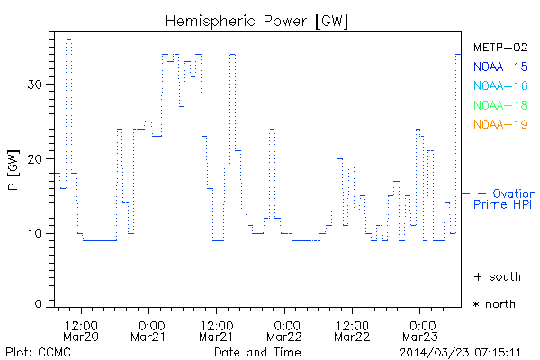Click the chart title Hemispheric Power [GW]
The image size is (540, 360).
tap(257, 21)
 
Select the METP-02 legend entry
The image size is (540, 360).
tap(499, 47)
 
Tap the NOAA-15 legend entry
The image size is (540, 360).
tap(499, 67)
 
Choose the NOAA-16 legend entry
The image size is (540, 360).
tap(499, 86)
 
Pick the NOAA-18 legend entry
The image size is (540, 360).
tap(499, 105)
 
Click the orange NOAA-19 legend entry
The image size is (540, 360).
tap(499, 124)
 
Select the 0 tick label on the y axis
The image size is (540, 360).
tap(40, 304)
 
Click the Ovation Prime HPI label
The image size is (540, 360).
tap(504, 199)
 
